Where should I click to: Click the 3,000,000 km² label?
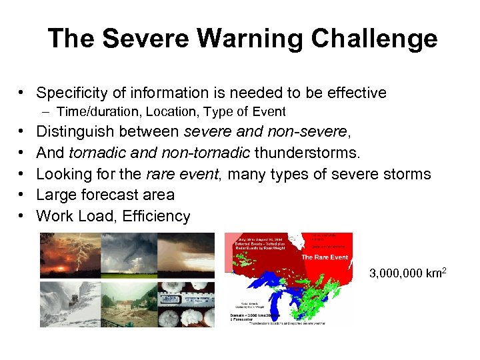pos(407,273)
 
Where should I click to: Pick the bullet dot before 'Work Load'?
pos(23,216)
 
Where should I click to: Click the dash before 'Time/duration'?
pos(48,111)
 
